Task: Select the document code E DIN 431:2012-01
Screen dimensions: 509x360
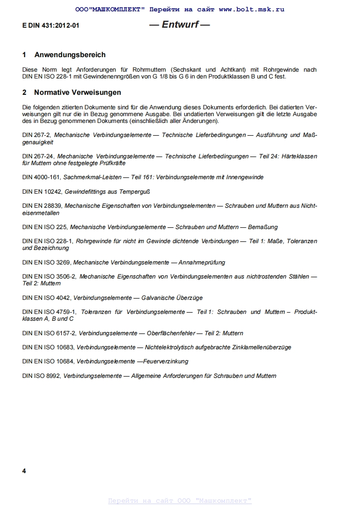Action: click(50, 25)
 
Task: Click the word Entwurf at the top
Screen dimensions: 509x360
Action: click(180, 24)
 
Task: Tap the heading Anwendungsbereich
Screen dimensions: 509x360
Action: click(70, 55)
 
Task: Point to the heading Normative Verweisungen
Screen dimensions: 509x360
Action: click(78, 93)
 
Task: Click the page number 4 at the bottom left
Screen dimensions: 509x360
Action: click(24, 471)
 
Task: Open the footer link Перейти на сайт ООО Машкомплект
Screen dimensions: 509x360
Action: click(180, 501)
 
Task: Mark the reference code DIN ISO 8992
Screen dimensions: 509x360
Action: click(41, 376)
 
